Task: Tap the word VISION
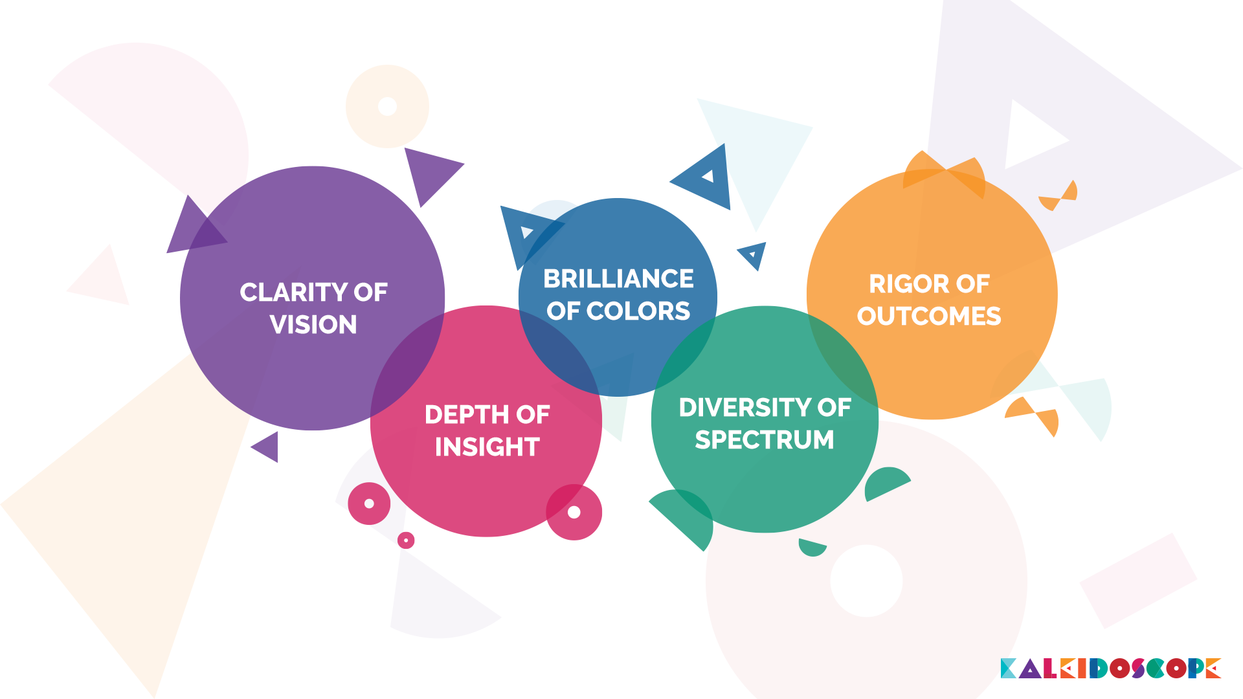pos(313,325)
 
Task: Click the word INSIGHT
pos(487,447)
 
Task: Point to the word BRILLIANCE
pos(618,279)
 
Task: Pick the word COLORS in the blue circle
pos(638,311)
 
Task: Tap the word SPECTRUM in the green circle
pos(765,440)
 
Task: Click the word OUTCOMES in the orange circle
pos(929,316)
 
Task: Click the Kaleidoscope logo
pos(1110,669)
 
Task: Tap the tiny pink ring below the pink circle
pos(406,540)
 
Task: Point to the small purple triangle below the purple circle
pos(268,447)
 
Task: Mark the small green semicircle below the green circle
pos(811,548)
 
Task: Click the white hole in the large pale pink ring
pos(866,581)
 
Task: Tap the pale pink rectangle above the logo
pos(1138,581)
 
